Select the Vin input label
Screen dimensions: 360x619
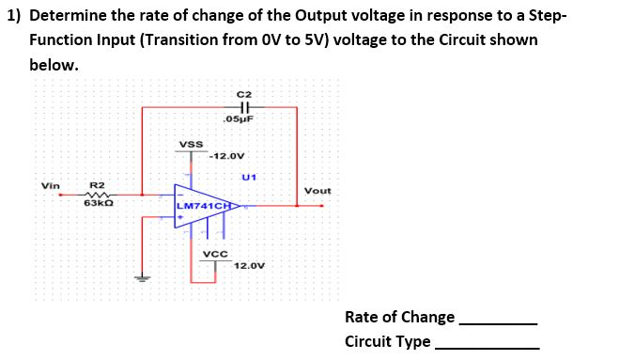coord(50,185)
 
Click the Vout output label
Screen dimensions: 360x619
coord(317,191)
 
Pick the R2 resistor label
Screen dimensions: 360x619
coord(97,185)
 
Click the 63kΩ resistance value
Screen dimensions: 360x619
coord(99,203)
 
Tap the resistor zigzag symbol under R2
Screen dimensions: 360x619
coord(99,195)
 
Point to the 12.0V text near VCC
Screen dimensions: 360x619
coord(249,266)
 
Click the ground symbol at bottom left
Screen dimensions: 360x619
coord(142,277)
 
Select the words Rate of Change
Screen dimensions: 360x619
coord(399,317)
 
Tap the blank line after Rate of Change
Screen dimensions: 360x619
coord(498,322)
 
